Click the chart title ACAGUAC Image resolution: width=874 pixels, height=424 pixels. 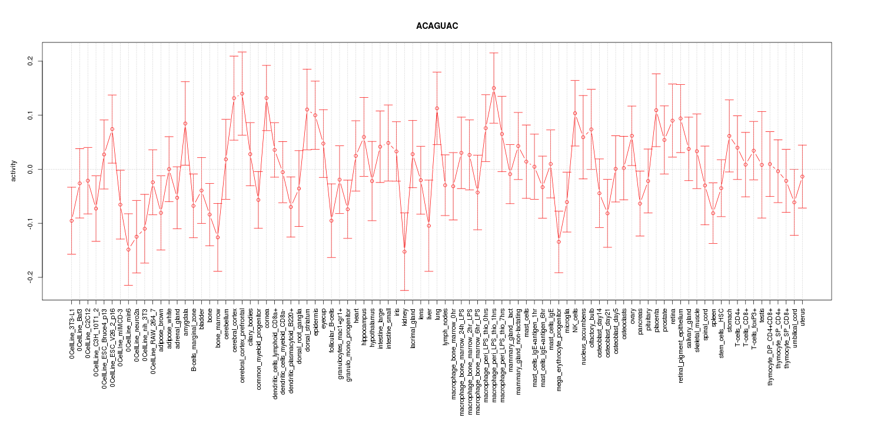(437, 27)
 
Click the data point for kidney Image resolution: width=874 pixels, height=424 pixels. (404, 251)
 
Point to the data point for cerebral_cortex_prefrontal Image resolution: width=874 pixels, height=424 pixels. (242, 94)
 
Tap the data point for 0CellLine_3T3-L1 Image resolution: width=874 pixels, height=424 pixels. (71, 220)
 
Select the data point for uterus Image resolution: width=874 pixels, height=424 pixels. (802, 177)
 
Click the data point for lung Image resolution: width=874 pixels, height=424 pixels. (437, 108)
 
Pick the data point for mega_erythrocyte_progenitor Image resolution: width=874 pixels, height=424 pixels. (559, 242)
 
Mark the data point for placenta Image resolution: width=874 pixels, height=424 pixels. (656, 110)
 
